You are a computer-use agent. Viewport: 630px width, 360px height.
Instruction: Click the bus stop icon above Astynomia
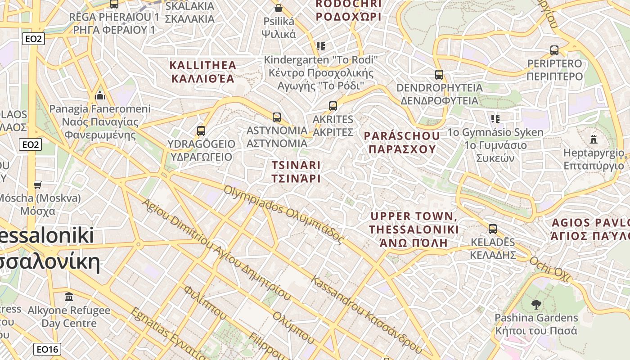click(277, 117)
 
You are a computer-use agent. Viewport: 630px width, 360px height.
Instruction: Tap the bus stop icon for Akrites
click(333, 106)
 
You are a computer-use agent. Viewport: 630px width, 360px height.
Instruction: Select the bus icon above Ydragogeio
click(201, 131)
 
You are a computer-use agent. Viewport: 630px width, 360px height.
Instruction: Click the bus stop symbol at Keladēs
click(493, 229)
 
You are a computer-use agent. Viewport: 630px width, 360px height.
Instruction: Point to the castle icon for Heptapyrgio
click(594, 139)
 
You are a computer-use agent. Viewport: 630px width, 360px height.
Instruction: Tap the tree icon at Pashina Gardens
click(536, 305)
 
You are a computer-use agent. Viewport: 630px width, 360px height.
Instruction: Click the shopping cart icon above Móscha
click(38, 185)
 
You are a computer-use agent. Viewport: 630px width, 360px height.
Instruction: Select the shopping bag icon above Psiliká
click(279, 8)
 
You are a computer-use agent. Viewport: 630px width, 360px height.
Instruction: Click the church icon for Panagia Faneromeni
click(100, 95)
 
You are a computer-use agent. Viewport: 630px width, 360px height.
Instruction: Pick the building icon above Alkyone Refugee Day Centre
click(69, 297)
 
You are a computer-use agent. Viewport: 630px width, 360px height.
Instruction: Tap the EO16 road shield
click(47, 349)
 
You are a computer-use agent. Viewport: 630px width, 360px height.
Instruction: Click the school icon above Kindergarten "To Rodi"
click(320, 46)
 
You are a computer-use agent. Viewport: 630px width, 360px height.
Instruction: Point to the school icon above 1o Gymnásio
click(495, 119)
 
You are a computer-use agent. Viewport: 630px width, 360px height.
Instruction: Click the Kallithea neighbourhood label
click(203, 72)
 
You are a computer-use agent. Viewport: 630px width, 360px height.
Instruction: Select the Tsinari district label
click(296, 172)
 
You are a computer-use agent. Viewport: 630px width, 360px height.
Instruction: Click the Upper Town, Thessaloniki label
click(414, 229)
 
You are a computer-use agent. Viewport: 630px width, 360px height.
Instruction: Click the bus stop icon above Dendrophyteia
click(439, 75)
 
